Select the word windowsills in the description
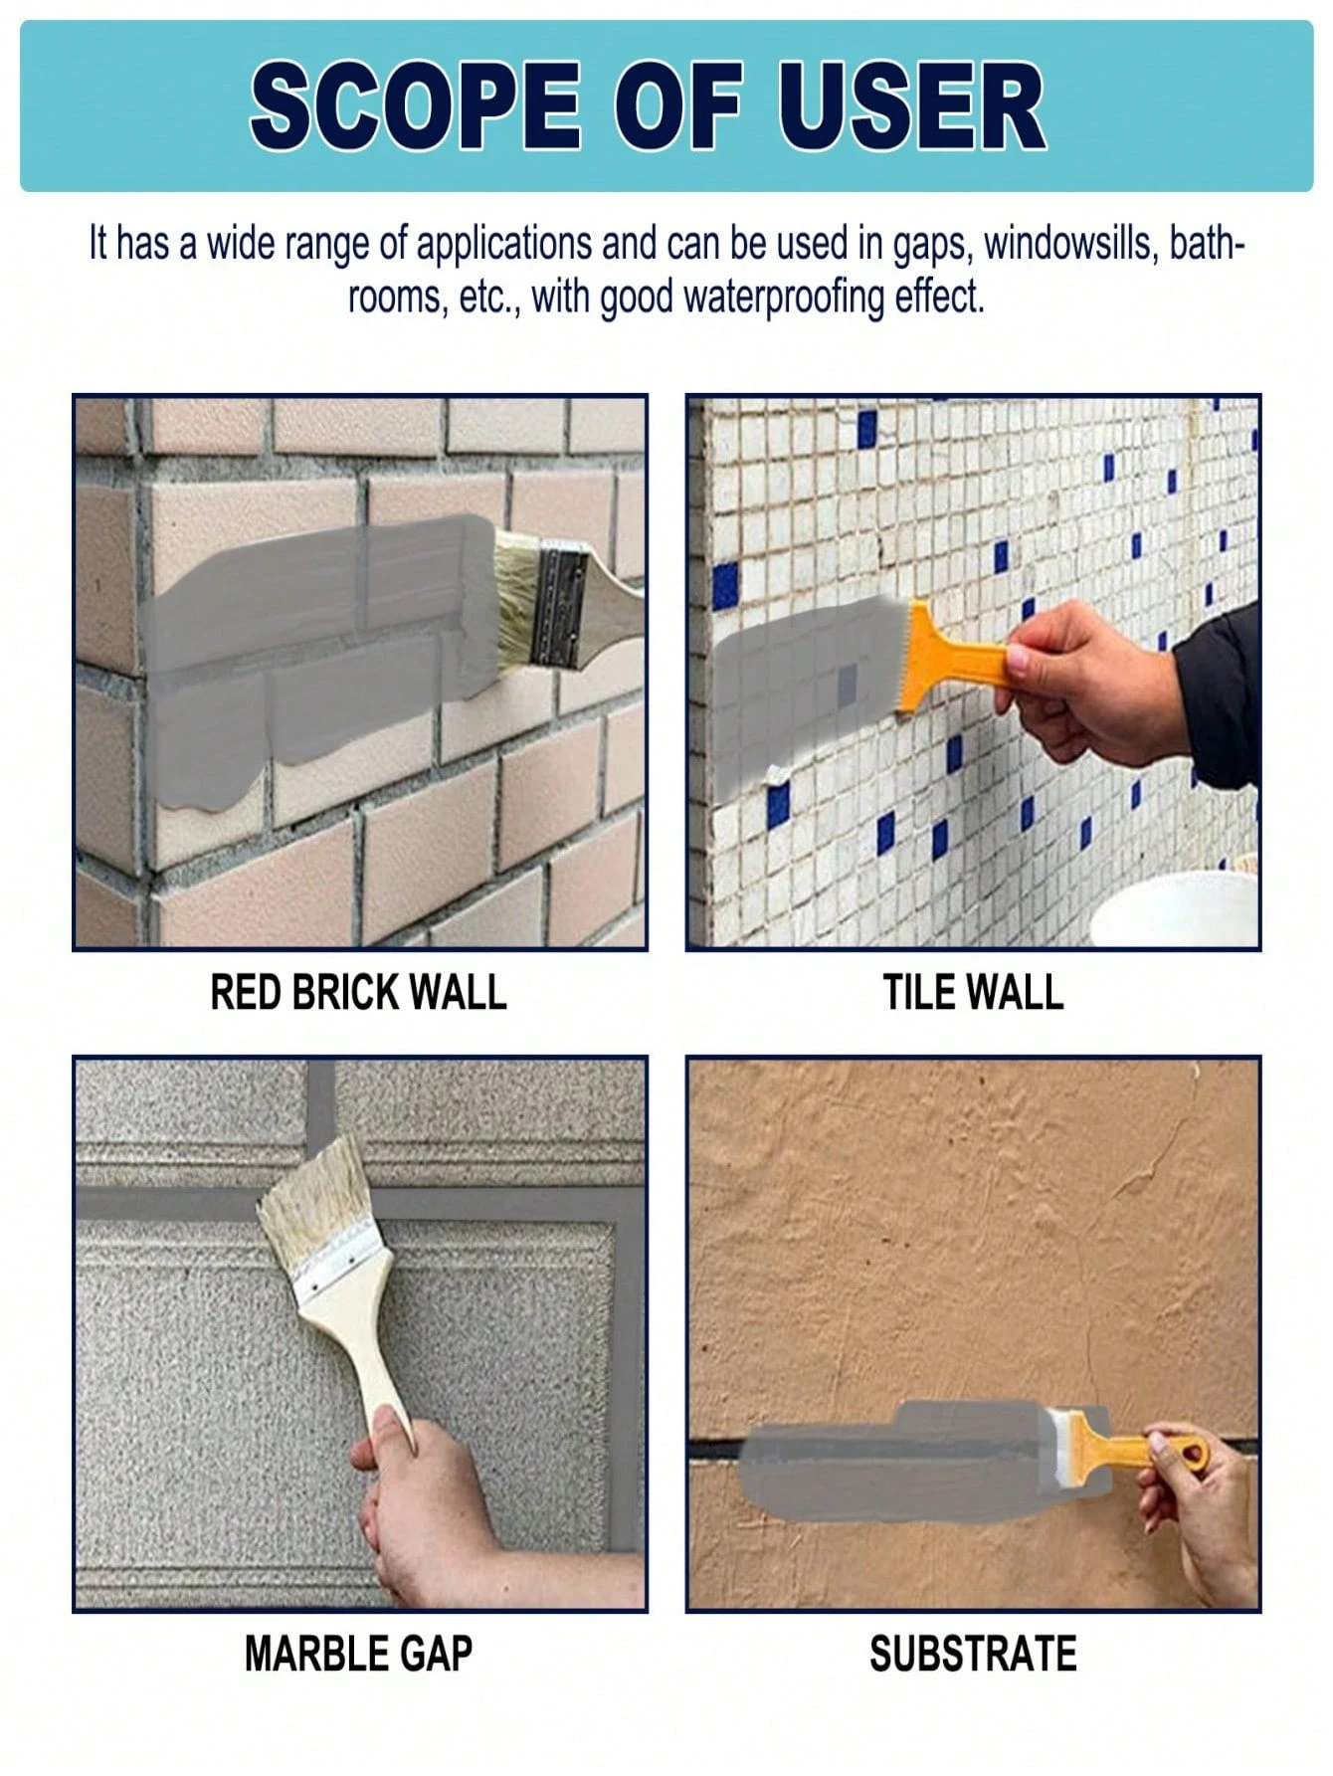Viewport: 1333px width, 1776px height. coord(1068,245)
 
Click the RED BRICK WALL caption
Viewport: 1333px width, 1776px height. coord(358,993)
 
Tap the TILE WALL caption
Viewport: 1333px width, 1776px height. coord(973,993)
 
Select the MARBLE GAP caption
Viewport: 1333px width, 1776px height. coord(358,1654)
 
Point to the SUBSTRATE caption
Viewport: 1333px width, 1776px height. coord(973,1654)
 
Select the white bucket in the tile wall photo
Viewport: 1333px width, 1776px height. coord(1174,910)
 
